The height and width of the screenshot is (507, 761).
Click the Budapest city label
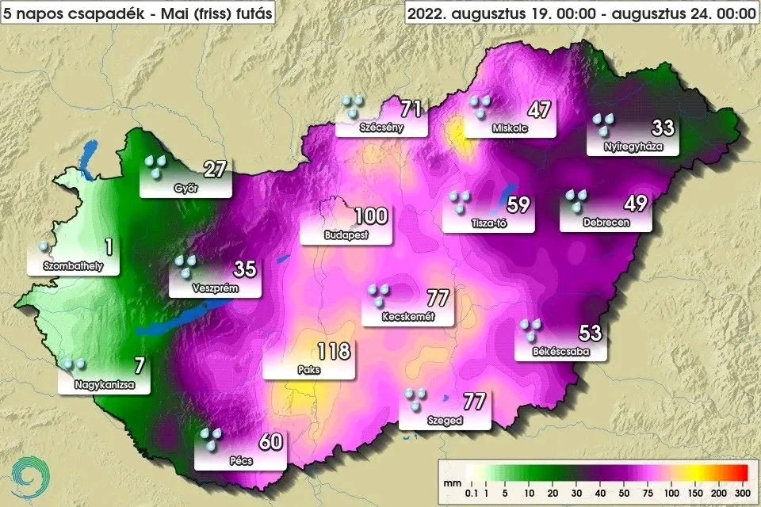[345, 236]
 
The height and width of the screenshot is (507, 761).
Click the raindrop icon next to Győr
[155, 166]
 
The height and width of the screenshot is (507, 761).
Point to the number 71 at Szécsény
[410, 109]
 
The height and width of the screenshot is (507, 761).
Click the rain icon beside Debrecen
[576, 201]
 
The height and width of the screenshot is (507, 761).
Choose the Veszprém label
[216, 289]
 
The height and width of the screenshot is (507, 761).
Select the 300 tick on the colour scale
[742, 494]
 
